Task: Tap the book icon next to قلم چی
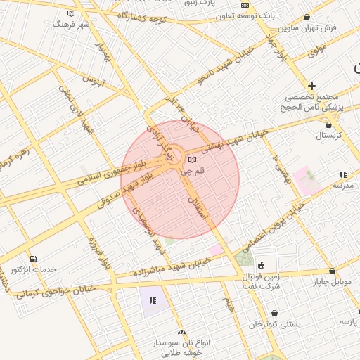point(192,160)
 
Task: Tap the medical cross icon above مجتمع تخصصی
point(312,86)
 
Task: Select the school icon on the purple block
point(152,300)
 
